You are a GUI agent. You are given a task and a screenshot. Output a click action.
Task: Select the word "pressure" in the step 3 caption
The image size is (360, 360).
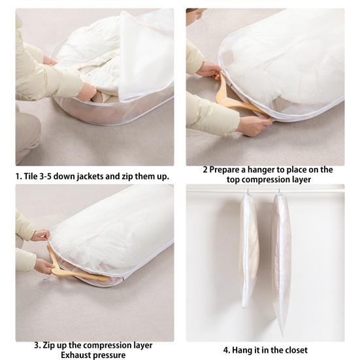pos(110,355)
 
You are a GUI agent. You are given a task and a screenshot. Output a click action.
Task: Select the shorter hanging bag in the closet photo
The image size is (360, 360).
pos(249,248)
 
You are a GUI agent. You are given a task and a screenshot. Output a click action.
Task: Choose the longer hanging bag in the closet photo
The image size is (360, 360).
pos(281,261)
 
